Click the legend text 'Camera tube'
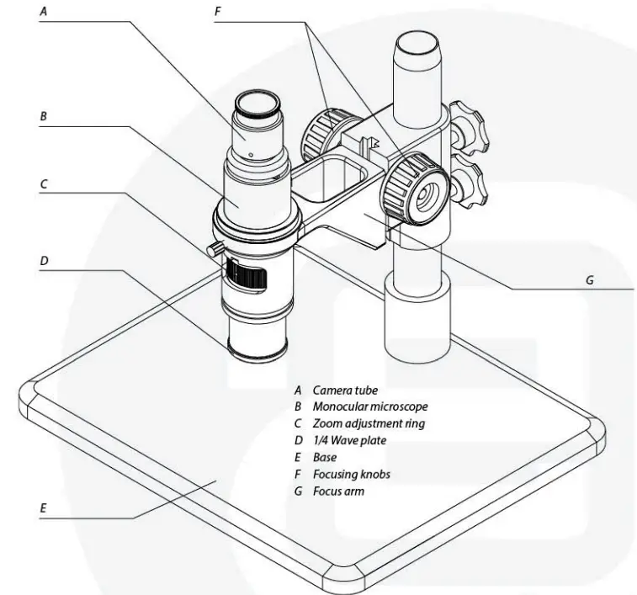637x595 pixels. tap(345, 390)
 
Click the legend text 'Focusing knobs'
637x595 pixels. tap(351, 475)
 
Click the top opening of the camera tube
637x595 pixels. tap(258, 104)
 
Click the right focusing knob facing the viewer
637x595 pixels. tap(415, 189)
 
